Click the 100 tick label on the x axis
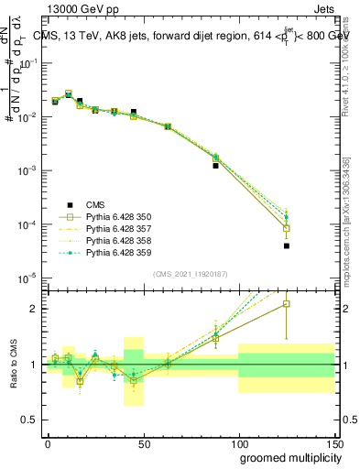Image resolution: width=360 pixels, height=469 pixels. click(239, 443)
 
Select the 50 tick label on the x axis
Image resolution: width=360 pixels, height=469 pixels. click(144, 443)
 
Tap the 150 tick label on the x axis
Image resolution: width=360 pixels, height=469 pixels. click(334, 443)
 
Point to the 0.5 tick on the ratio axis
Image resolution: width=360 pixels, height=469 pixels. click(32, 420)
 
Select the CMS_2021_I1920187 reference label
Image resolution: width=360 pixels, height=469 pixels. click(190, 274)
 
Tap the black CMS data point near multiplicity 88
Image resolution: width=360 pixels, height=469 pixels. click(215, 166)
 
